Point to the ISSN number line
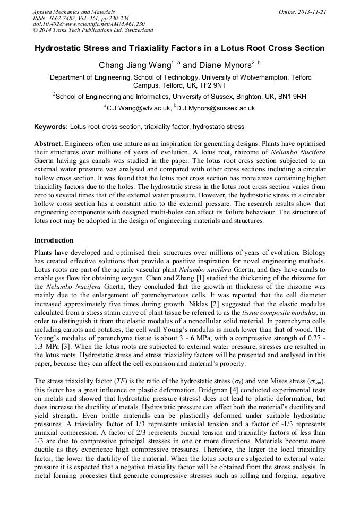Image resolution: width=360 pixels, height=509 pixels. coord(81,18)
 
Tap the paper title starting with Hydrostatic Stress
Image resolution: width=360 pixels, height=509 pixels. coord(179,48)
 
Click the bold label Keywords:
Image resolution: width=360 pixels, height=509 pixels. coord(51,127)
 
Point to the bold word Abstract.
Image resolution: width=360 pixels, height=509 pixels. coord(49,144)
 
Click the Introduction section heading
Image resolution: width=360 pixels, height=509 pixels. coord(54,240)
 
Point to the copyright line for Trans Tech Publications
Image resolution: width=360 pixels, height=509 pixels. coord(93,31)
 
